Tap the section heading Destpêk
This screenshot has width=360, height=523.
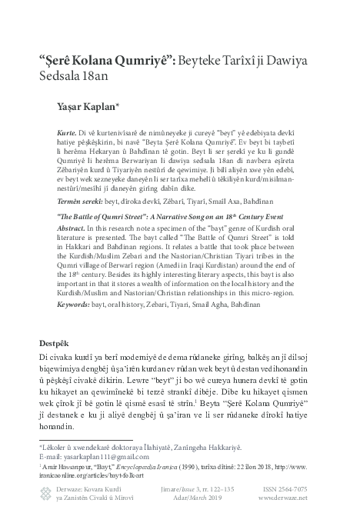[x=58, y=342]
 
